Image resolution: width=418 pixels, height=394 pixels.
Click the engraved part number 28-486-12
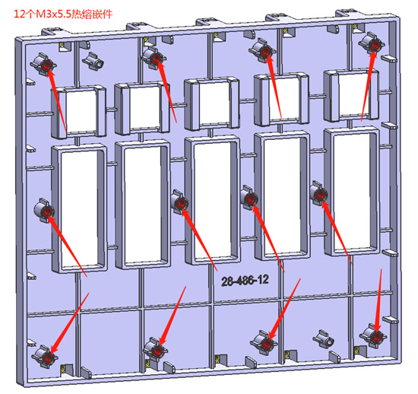(x=245, y=281)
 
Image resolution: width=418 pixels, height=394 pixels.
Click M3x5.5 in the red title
(x=54, y=14)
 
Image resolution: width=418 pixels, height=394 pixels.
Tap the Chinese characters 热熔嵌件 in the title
(x=92, y=14)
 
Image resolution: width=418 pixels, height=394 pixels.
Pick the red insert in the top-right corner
(x=374, y=46)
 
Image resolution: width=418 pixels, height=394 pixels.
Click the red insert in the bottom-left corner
(x=48, y=357)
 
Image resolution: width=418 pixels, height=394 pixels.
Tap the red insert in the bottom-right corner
(x=376, y=338)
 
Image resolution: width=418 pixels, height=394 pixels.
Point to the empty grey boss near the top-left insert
(x=94, y=62)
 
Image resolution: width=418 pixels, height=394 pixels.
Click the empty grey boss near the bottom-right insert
(x=325, y=339)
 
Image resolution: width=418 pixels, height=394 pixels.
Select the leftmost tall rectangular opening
(x=80, y=208)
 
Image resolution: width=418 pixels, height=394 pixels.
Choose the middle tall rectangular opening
(x=213, y=201)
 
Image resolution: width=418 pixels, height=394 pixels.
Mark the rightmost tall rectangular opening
(x=352, y=192)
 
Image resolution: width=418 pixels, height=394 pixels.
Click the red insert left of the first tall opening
(x=47, y=212)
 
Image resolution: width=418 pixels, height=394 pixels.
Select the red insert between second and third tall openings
(x=180, y=204)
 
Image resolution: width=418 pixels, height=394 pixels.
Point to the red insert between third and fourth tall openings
(x=250, y=199)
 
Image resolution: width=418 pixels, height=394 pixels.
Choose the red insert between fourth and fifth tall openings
(x=319, y=195)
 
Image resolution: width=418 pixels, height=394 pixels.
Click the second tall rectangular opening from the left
(x=143, y=205)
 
